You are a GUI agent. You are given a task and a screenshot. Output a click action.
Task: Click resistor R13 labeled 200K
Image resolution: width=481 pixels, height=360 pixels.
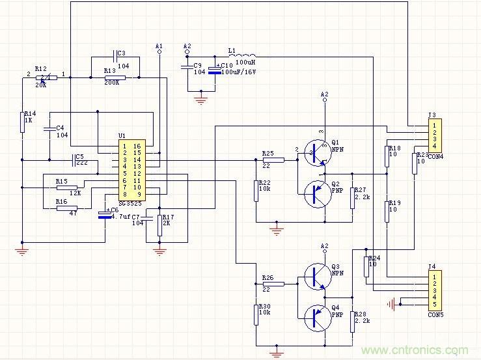coord(115,77)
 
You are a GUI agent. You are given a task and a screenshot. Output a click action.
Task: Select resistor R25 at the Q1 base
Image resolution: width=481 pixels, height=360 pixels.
coord(273,159)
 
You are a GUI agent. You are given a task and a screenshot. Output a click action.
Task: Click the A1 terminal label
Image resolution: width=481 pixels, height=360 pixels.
coord(159,46)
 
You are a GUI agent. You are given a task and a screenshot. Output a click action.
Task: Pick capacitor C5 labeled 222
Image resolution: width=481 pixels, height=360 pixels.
coord(73,159)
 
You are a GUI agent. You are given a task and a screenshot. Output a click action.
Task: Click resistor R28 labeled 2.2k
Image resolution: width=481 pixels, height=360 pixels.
coord(352,322)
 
